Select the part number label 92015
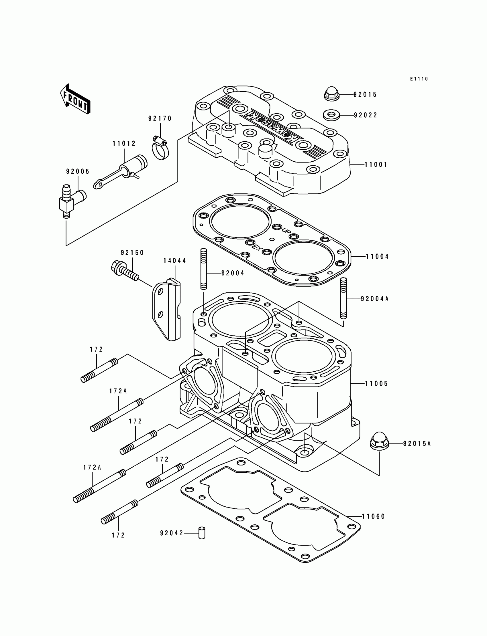365,95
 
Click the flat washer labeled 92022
331,115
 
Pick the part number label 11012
124,144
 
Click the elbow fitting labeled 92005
70,200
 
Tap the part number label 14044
175,261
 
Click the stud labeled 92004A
343,298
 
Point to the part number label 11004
378,256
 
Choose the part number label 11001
376,165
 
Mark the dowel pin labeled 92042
202,533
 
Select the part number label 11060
373,516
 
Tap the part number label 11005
376,384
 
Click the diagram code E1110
419,79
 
